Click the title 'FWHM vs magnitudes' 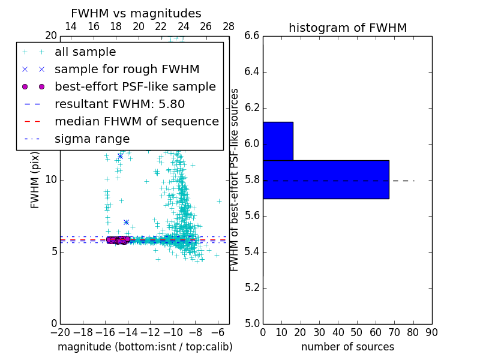(x=136, y=13)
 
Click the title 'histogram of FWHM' (x=347, y=28)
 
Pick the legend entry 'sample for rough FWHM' (x=127, y=70)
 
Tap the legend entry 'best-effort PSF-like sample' (x=135, y=87)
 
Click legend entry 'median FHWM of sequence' (x=136, y=122)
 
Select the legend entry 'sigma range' (x=92, y=139)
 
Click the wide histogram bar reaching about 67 (x=326, y=179)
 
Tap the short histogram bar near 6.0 (x=278, y=141)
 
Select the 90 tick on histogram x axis (x=431, y=332)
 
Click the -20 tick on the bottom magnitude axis (x=60, y=332)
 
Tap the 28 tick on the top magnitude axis (x=229, y=26)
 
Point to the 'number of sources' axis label (x=347, y=347)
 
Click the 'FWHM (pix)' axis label (x=35, y=180)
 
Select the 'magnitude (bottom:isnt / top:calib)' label (x=145, y=347)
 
